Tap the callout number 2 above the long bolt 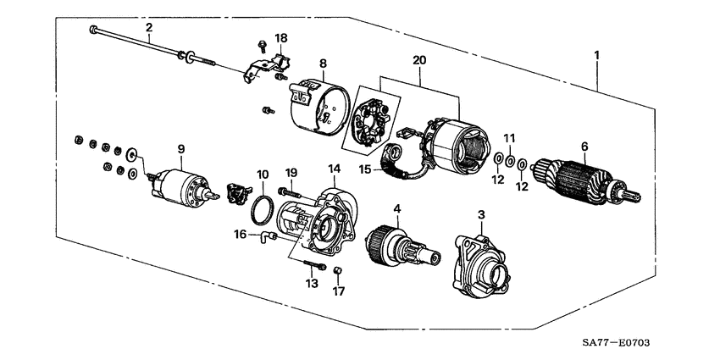pos(149,28)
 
